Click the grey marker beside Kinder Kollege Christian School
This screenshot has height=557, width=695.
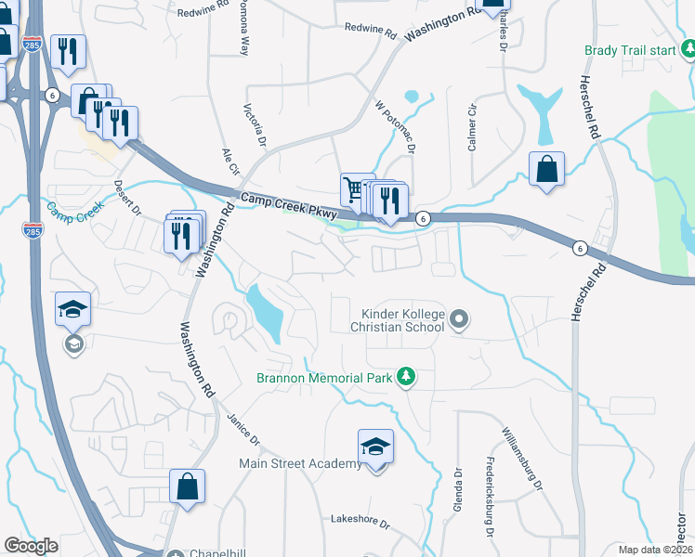[459, 321]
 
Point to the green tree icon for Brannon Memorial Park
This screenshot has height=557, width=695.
[404, 377]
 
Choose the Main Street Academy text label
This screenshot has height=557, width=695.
[300, 463]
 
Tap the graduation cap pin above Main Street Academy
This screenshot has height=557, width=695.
[375, 447]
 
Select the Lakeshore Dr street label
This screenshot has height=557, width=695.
[361, 522]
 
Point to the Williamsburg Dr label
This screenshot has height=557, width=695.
[520, 458]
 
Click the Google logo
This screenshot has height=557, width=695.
[31, 546]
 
